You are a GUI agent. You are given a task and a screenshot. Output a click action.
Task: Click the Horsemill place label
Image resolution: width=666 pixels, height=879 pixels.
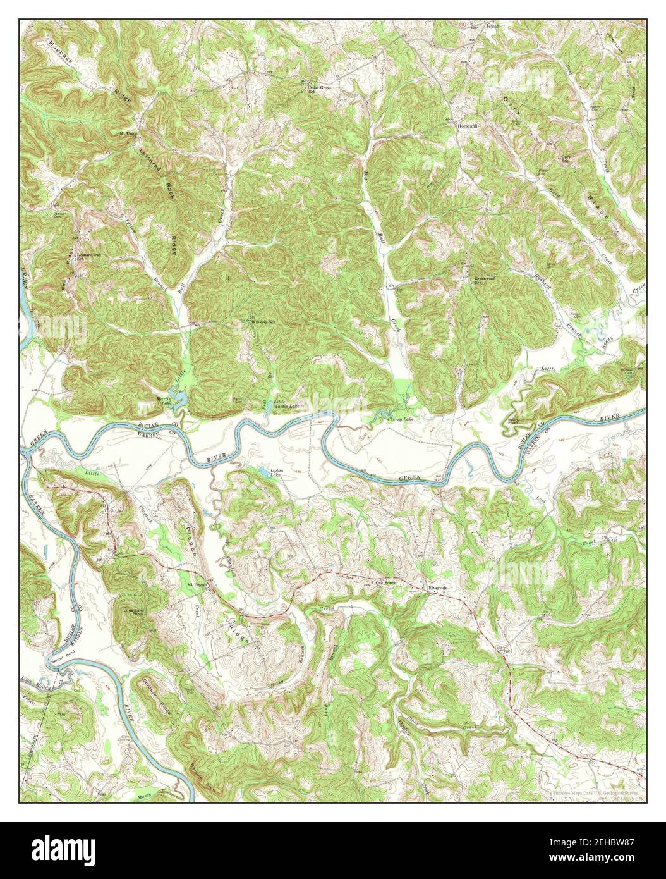469,126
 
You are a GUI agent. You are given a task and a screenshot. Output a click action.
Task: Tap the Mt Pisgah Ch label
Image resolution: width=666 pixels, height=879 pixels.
197,584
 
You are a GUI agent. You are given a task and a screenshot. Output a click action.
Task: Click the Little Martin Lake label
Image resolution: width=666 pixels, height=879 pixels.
286,403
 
